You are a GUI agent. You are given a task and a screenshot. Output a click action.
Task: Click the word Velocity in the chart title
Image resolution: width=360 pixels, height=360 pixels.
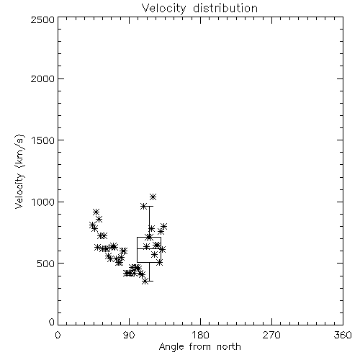[164, 9]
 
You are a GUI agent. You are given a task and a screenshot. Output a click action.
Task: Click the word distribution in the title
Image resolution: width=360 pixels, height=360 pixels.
[225, 8]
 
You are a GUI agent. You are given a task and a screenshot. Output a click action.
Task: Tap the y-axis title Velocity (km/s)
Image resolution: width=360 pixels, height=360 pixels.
[19, 171]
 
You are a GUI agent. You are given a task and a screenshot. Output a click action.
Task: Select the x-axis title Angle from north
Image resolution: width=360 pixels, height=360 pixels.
[199, 347]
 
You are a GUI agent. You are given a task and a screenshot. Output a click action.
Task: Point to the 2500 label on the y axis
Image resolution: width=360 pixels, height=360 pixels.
[42, 19]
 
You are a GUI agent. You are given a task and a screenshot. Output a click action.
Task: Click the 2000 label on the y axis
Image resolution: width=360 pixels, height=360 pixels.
[42, 78]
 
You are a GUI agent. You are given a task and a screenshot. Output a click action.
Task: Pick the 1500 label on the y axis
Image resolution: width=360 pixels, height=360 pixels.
[43, 140]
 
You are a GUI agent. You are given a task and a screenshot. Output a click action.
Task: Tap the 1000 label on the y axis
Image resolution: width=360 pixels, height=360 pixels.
[43, 202]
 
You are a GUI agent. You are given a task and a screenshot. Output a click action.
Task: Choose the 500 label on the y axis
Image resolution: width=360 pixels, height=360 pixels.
[46, 264]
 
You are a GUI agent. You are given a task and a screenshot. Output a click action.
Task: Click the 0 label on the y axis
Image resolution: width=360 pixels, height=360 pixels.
[52, 322]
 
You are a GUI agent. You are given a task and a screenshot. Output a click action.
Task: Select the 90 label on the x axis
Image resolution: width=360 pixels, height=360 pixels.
[129, 335]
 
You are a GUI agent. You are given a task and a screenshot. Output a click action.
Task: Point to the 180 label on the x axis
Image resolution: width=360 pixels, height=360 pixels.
[200, 335]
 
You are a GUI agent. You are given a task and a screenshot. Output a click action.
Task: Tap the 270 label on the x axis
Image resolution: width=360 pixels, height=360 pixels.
[271, 335]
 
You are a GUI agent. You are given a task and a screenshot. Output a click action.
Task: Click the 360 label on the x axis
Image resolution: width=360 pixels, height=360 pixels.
[343, 335]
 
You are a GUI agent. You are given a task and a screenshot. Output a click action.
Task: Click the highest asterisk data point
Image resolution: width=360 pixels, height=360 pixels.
[153, 197]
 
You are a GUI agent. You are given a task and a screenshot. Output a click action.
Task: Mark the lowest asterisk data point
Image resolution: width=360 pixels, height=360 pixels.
[145, 282]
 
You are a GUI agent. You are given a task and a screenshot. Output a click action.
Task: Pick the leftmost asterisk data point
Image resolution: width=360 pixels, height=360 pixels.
[92, 225]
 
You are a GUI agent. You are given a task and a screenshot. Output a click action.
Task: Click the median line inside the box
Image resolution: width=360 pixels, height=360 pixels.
[149, 249]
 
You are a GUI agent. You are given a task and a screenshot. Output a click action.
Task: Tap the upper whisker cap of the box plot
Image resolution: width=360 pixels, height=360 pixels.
[149, 206]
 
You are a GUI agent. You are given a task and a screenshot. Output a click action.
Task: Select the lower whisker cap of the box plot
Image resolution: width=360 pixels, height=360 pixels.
[149, 281]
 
